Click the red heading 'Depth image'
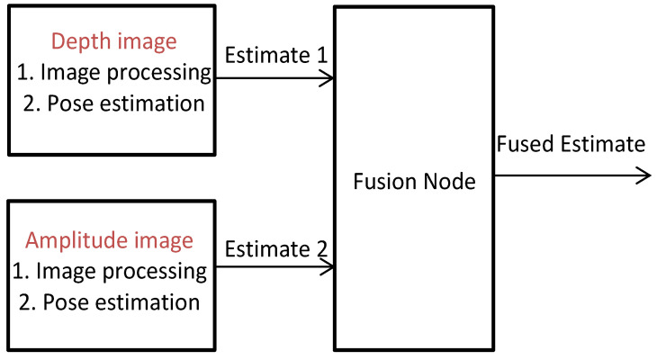(113, 42)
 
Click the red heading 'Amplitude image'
(109, 240)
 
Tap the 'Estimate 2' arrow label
(275, 247)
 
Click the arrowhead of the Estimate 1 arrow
(329, 77)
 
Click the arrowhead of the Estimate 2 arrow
(330, 267)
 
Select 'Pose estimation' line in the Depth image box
(112, 103)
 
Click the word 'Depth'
(76, 42)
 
